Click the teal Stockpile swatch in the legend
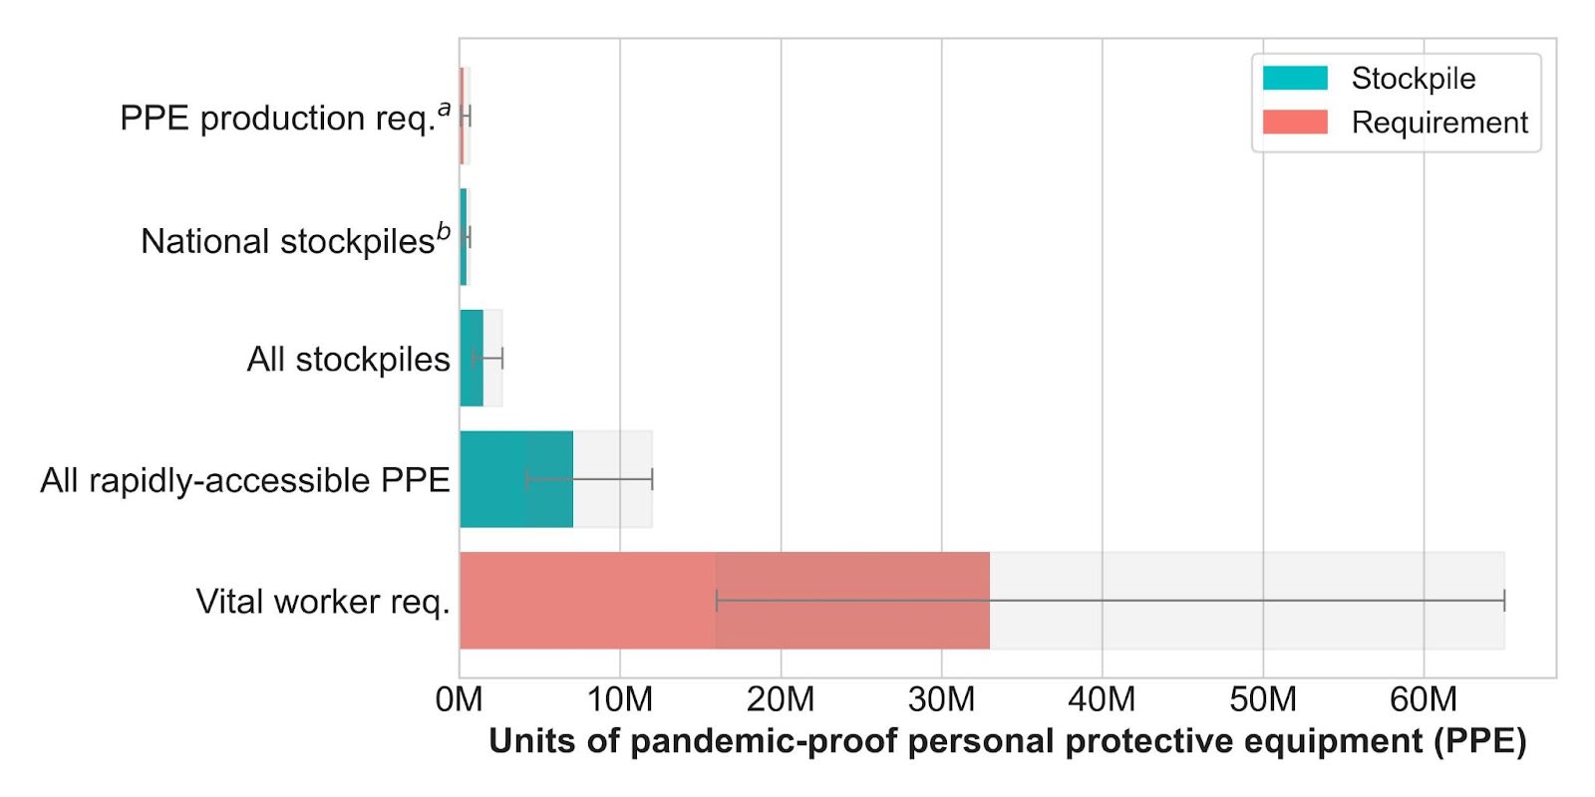coord(1295,78)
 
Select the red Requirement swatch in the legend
coord(1295,122)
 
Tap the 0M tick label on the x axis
coord(459,700)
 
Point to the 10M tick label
coord(619,700)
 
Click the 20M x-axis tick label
coord(781,700)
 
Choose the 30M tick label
coord(941,700)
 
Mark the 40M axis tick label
coord(1103,700)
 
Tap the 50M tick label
coord(1263,700)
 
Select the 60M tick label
coord(1425,700)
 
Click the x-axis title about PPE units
coord(1008,741)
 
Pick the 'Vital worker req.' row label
coord(323,602)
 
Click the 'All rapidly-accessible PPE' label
coord(245,481)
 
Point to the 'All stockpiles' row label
coord(348,360)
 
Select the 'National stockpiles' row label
coord(295,240)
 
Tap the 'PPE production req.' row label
coord(285,117)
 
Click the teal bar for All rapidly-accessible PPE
coord(516,479)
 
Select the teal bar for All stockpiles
coord(472,358)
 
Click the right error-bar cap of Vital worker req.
coord(1504,601)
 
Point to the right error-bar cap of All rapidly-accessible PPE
coord(652,479)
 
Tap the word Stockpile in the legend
coord(1414,79)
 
